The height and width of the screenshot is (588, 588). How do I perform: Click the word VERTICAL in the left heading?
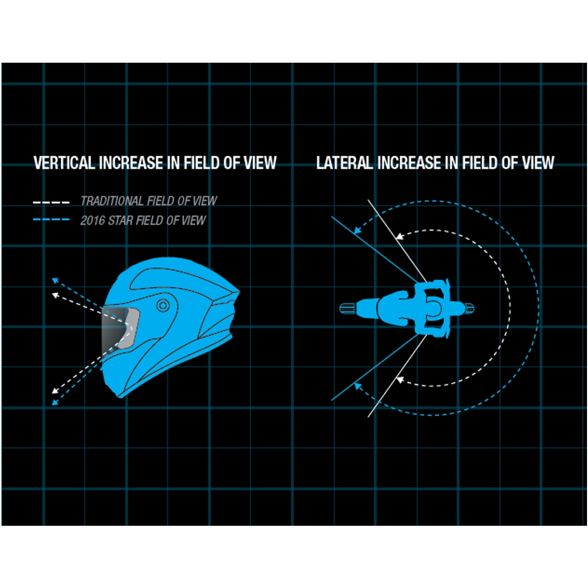(64, 163)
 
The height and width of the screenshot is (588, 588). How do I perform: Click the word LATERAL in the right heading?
(344, 163)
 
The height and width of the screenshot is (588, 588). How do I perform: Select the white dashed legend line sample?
(51, 202)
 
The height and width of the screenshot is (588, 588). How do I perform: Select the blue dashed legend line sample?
(51, 220)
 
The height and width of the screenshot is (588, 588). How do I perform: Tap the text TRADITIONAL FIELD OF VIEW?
(148, 201)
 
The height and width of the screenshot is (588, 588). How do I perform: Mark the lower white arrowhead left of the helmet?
(55, 391)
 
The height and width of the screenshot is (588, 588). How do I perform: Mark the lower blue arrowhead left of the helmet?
(55, 403)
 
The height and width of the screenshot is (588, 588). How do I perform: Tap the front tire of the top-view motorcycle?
(347, 308)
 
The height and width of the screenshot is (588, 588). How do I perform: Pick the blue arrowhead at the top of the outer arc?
(358, 228)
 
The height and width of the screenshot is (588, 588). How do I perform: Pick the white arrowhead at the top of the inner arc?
(399, 236)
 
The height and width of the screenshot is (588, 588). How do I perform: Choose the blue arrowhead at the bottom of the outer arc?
(358, 387)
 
